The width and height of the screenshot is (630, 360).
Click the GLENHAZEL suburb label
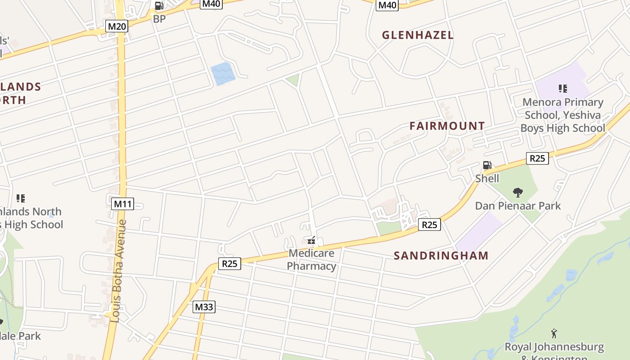[418, 35]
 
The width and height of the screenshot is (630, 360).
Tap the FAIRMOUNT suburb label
[447, 126]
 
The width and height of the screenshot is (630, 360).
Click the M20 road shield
[117, 26]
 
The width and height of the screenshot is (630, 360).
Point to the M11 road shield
[122, 204]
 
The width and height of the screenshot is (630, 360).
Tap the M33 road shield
[204, 307]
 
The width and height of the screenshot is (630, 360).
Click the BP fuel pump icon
[159, 6]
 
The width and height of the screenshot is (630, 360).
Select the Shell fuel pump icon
[487, 165]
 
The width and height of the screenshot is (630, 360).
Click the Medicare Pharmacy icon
[311, 241]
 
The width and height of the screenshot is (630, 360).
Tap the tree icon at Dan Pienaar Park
[518, 193]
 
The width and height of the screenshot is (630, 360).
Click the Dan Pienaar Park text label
[518, 206]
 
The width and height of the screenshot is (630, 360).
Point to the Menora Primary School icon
[562, 89]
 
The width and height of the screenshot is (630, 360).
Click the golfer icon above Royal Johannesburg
[554, 333]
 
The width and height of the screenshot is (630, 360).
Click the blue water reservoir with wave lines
[223, 74]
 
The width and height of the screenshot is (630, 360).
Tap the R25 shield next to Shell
[537, 158]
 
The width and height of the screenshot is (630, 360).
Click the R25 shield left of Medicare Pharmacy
[229, 263]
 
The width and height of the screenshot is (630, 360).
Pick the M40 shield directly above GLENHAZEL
[387, 5]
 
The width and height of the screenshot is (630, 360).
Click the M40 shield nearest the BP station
[211, 4]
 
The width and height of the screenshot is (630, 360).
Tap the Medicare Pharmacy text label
[311, 260]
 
